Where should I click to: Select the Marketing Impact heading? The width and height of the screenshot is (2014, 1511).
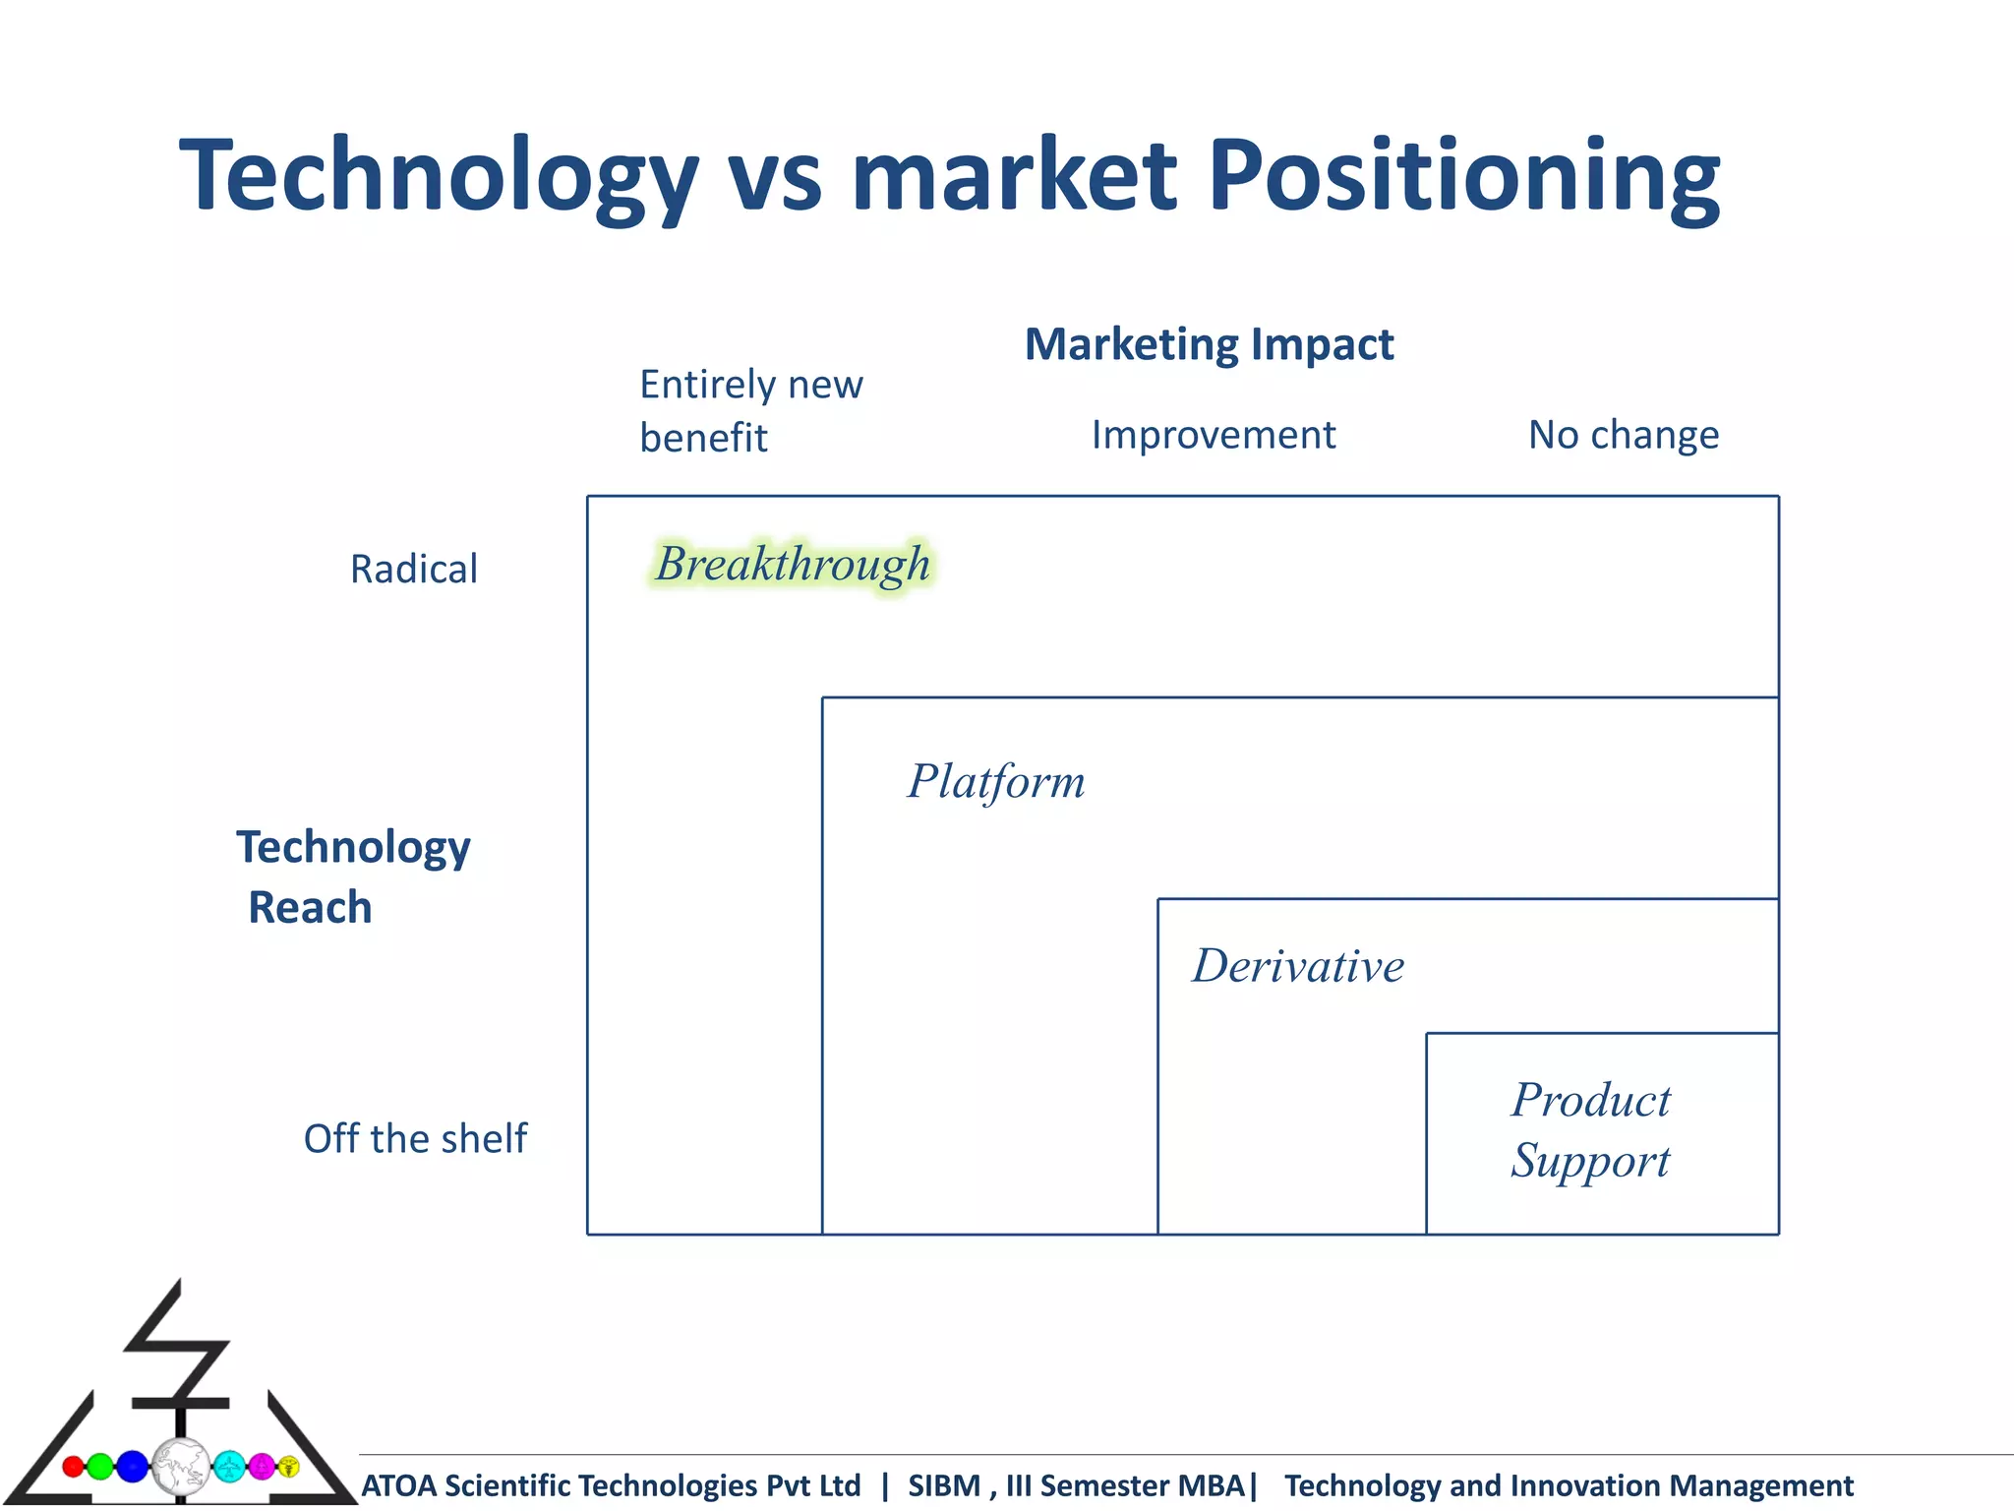tap(1209, 344)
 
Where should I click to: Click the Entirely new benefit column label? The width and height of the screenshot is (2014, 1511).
tap(750, 410)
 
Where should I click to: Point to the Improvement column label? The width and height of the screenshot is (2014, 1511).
tap(1213, 435)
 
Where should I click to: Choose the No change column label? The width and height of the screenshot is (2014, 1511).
tap(1623, 435)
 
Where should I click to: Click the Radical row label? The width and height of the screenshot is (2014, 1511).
tap(414, 569)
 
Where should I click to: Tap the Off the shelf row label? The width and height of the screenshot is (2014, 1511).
tap(415, 1138)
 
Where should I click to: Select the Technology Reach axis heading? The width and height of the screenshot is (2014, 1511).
tap(352, 876)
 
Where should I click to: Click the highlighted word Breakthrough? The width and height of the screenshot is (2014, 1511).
tap(793, 565)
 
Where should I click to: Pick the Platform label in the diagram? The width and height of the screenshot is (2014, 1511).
tap(995, 782)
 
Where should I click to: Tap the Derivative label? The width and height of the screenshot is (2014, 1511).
tap(1298, 966)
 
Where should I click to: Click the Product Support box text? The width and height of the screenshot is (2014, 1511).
tap(1590, 1129)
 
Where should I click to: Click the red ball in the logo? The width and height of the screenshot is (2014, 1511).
tap(73, 1467)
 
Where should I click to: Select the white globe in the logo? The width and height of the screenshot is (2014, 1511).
tap(181, 1467)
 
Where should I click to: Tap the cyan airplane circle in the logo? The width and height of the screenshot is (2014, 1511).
tap(229, 1467)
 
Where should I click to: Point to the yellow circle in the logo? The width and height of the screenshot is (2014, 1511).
tap(288, 1467)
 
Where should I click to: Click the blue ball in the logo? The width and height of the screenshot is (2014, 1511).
tap(132, 1467)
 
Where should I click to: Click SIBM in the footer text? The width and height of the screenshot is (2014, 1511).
tap(943, 1485)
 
